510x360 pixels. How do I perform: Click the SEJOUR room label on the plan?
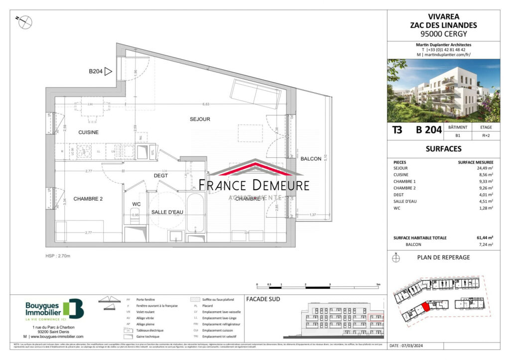click(200, 119)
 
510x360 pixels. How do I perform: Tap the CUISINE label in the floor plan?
click(88, 132)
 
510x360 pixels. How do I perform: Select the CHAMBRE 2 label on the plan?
click(88, 199)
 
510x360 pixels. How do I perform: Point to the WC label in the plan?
click(136, 204)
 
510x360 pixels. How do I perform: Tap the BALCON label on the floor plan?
click(311, 158)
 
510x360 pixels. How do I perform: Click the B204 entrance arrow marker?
click(108, 72)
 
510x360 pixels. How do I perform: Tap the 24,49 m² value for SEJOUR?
click(483, 168)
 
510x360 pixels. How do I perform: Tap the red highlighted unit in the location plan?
click(425, 308)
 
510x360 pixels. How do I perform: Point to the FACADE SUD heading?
click(263, 299)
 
